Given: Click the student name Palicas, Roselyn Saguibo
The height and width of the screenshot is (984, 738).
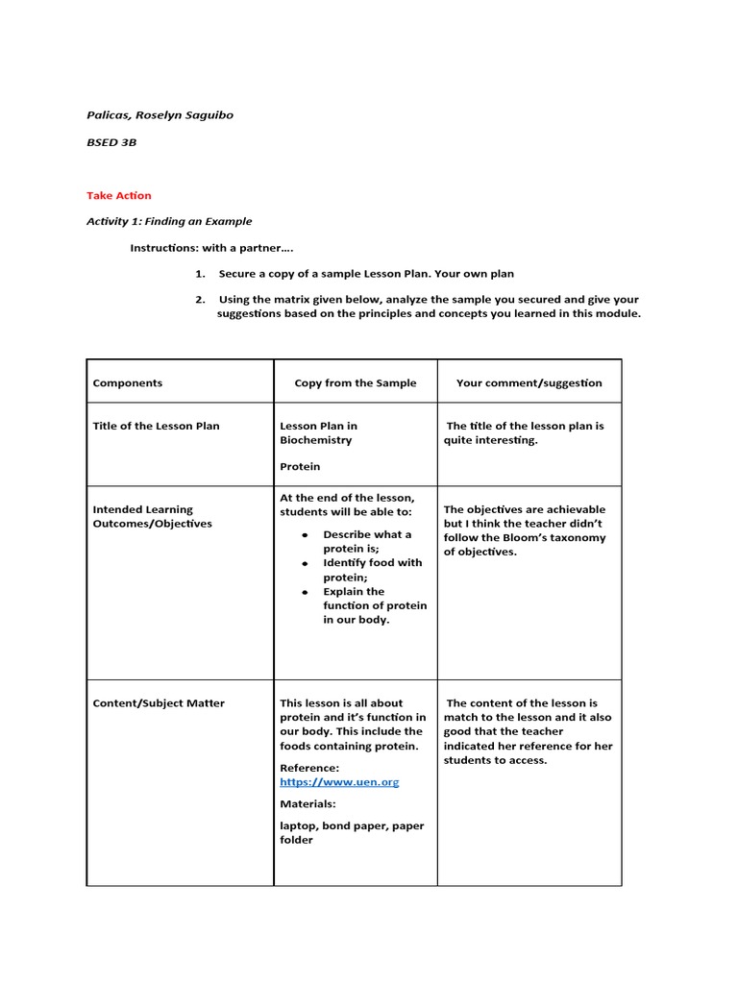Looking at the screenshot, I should pyautogui.click(x=160, y=115).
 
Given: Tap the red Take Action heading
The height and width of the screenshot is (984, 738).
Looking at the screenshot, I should pyautogui.click(x=119, y=196).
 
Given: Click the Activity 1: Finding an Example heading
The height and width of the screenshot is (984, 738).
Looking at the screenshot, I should pyautogui.click(x=169, y=221).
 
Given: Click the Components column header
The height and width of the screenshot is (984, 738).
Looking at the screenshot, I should pyautogui.click(x=128, y=382).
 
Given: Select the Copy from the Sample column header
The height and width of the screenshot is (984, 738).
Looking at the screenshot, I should pyautogui.click(x=356, y=382).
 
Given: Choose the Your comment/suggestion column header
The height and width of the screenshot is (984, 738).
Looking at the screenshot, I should pyautogui.click(x=529, y=382).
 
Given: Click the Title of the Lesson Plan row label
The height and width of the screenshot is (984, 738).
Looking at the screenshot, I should pyautogui.click(x=156, y=426).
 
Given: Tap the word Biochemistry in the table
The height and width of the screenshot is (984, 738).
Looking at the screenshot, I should pyautogui.click(x=315, y=440).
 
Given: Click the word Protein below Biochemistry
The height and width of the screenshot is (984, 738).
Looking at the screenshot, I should pyautogui.click(x=300, y=466).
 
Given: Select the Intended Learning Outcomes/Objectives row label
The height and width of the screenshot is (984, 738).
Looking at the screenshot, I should pyautogui.click(x=152, y=516).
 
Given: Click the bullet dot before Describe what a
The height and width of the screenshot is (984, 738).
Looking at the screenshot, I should pyautogui.click(x=304, y=534).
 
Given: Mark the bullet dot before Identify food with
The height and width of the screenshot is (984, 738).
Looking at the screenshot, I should pyautogui.click(x=304, y=563).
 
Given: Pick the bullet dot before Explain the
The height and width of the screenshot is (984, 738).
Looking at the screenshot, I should pyautogui.click(x=304, y=592).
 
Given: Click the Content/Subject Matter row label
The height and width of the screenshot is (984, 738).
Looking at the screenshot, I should pyautogui.click(x=159, y=703).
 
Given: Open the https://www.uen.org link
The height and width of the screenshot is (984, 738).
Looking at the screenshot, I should pyautogui.click(x=339, y=782).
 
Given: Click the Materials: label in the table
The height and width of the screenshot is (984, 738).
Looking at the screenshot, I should pyautogui.click(x=307, y=804).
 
